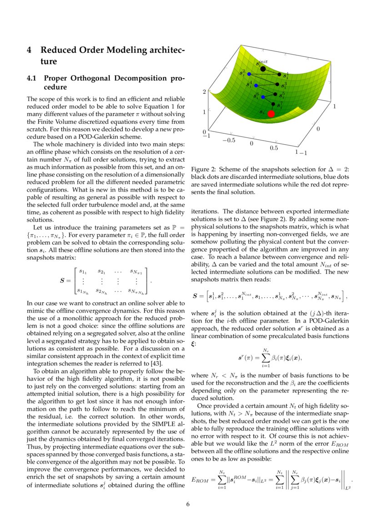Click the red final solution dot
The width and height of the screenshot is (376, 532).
(x=271, y=114)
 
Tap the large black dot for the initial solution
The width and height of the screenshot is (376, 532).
(x=263, y=69)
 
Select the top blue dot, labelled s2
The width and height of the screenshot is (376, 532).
(x=249, y=74)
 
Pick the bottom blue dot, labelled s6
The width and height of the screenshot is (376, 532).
(x=263, y=97)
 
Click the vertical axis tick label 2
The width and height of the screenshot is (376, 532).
(x=204, y=91)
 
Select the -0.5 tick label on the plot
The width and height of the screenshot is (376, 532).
(x=229, y=140)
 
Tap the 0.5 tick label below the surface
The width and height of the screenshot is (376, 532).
(x=275, y=148)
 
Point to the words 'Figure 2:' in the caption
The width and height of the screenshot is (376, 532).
(x=204, y=169)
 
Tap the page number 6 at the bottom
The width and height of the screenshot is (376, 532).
(x=188, y=504)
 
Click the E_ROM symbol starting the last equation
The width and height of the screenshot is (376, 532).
(x=201, y=479)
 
